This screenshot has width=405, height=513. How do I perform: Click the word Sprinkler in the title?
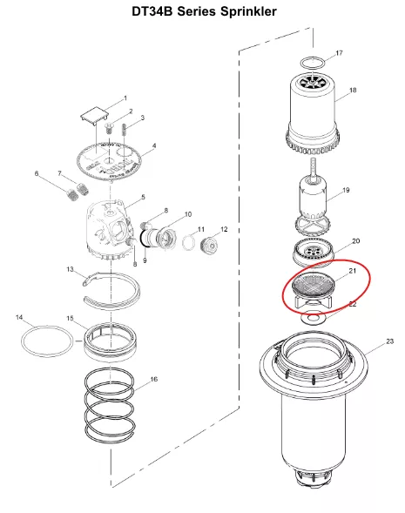pyautogui.click(x=248, y=11)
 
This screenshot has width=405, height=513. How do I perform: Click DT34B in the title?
pyautogui.click(x=152, y=11)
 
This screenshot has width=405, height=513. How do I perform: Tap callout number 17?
pyautogui.click(x=340, y=52)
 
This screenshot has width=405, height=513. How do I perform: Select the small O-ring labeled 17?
pyautogui.click(x=313, y=57)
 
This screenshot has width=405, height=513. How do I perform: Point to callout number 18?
pyautogui.click(x=353, y=90)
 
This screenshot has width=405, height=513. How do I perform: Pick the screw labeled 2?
pyautogui.click(x=110, y=128)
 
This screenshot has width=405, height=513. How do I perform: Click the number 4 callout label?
pyautogui.click(x=154, y=145)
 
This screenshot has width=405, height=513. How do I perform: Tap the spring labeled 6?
pyautogui.click(x=72, y=194)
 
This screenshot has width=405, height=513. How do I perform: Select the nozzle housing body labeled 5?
pyautogui.click(x=110, y=229)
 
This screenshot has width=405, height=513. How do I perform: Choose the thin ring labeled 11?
pyautogui.click(x=188, y=243)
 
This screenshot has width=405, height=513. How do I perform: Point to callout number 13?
pyautogui.click(x=70, y=269)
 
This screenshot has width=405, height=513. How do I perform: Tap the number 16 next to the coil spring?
pyautogui.click(x=154, y=379)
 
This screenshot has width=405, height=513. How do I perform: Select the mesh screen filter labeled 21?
pyautogui.click(x=313, y=284)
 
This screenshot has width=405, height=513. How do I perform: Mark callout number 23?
pyautogui.click(x=389, y=341)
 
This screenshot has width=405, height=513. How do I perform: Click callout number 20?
pyautogui.click(x=356, y=240)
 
